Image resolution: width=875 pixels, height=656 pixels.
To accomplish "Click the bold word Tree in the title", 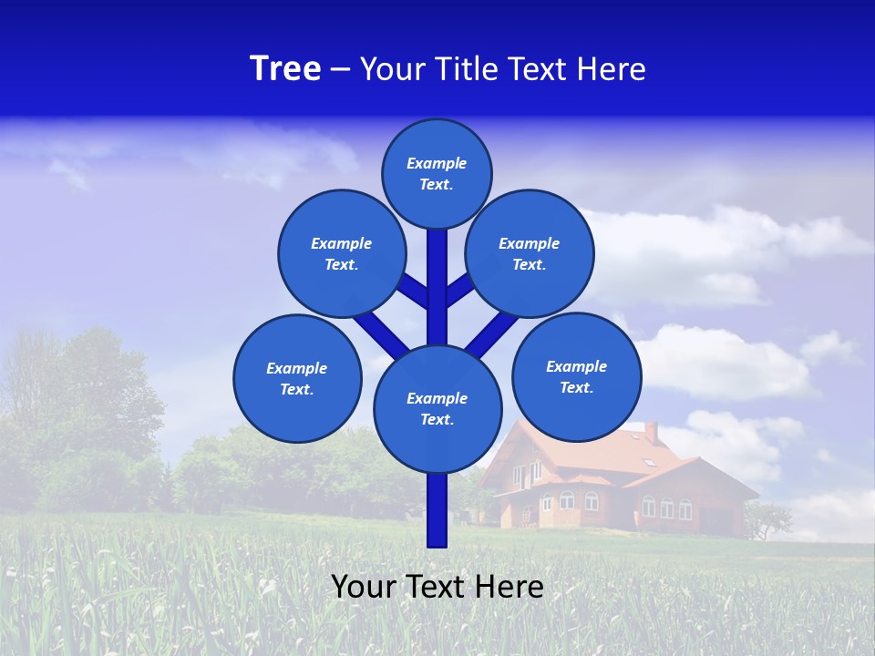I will (285, 69).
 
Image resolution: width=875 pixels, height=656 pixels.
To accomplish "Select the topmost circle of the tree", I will (437, 173).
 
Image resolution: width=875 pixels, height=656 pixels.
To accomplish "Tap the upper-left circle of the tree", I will (342, 253).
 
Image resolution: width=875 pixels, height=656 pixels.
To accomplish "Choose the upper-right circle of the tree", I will (530, 253).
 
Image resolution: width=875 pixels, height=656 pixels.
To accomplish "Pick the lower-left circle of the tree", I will (297, 378).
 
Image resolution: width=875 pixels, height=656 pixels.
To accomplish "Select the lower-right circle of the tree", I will (577, 376).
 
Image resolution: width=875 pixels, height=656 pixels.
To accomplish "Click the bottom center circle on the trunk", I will (437, 408).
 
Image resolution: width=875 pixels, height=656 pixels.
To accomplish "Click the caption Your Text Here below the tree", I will (437, 587).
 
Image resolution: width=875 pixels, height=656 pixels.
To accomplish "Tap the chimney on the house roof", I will (651, 432).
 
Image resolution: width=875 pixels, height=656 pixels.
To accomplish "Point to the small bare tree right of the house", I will (767, 520).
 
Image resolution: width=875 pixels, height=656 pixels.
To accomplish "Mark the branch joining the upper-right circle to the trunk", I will (459, 290).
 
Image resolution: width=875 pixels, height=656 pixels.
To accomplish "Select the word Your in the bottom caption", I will (363, 587).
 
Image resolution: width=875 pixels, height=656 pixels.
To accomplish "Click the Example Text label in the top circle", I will (437, 173).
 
